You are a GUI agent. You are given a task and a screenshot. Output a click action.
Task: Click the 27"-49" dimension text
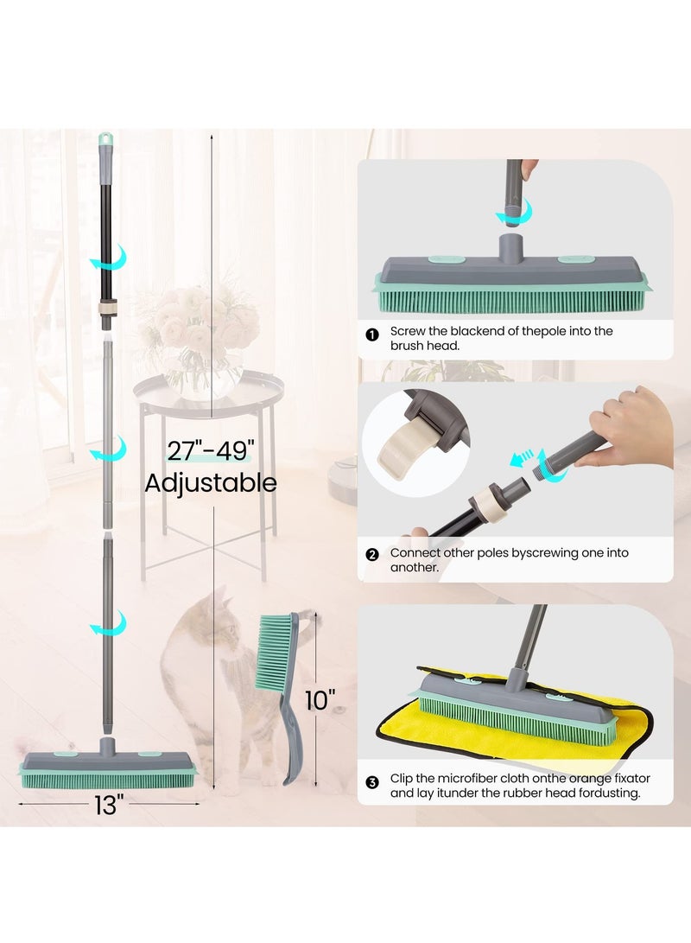(x=211, y=450)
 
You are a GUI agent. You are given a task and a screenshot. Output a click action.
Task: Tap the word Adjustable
(x=211, y=482)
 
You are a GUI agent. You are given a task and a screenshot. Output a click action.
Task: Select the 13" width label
(x=106, y=806)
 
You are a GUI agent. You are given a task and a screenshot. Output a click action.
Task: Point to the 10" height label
(x=320, y=699)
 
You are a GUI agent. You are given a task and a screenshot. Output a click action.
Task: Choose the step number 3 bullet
(x=372, y=782)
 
